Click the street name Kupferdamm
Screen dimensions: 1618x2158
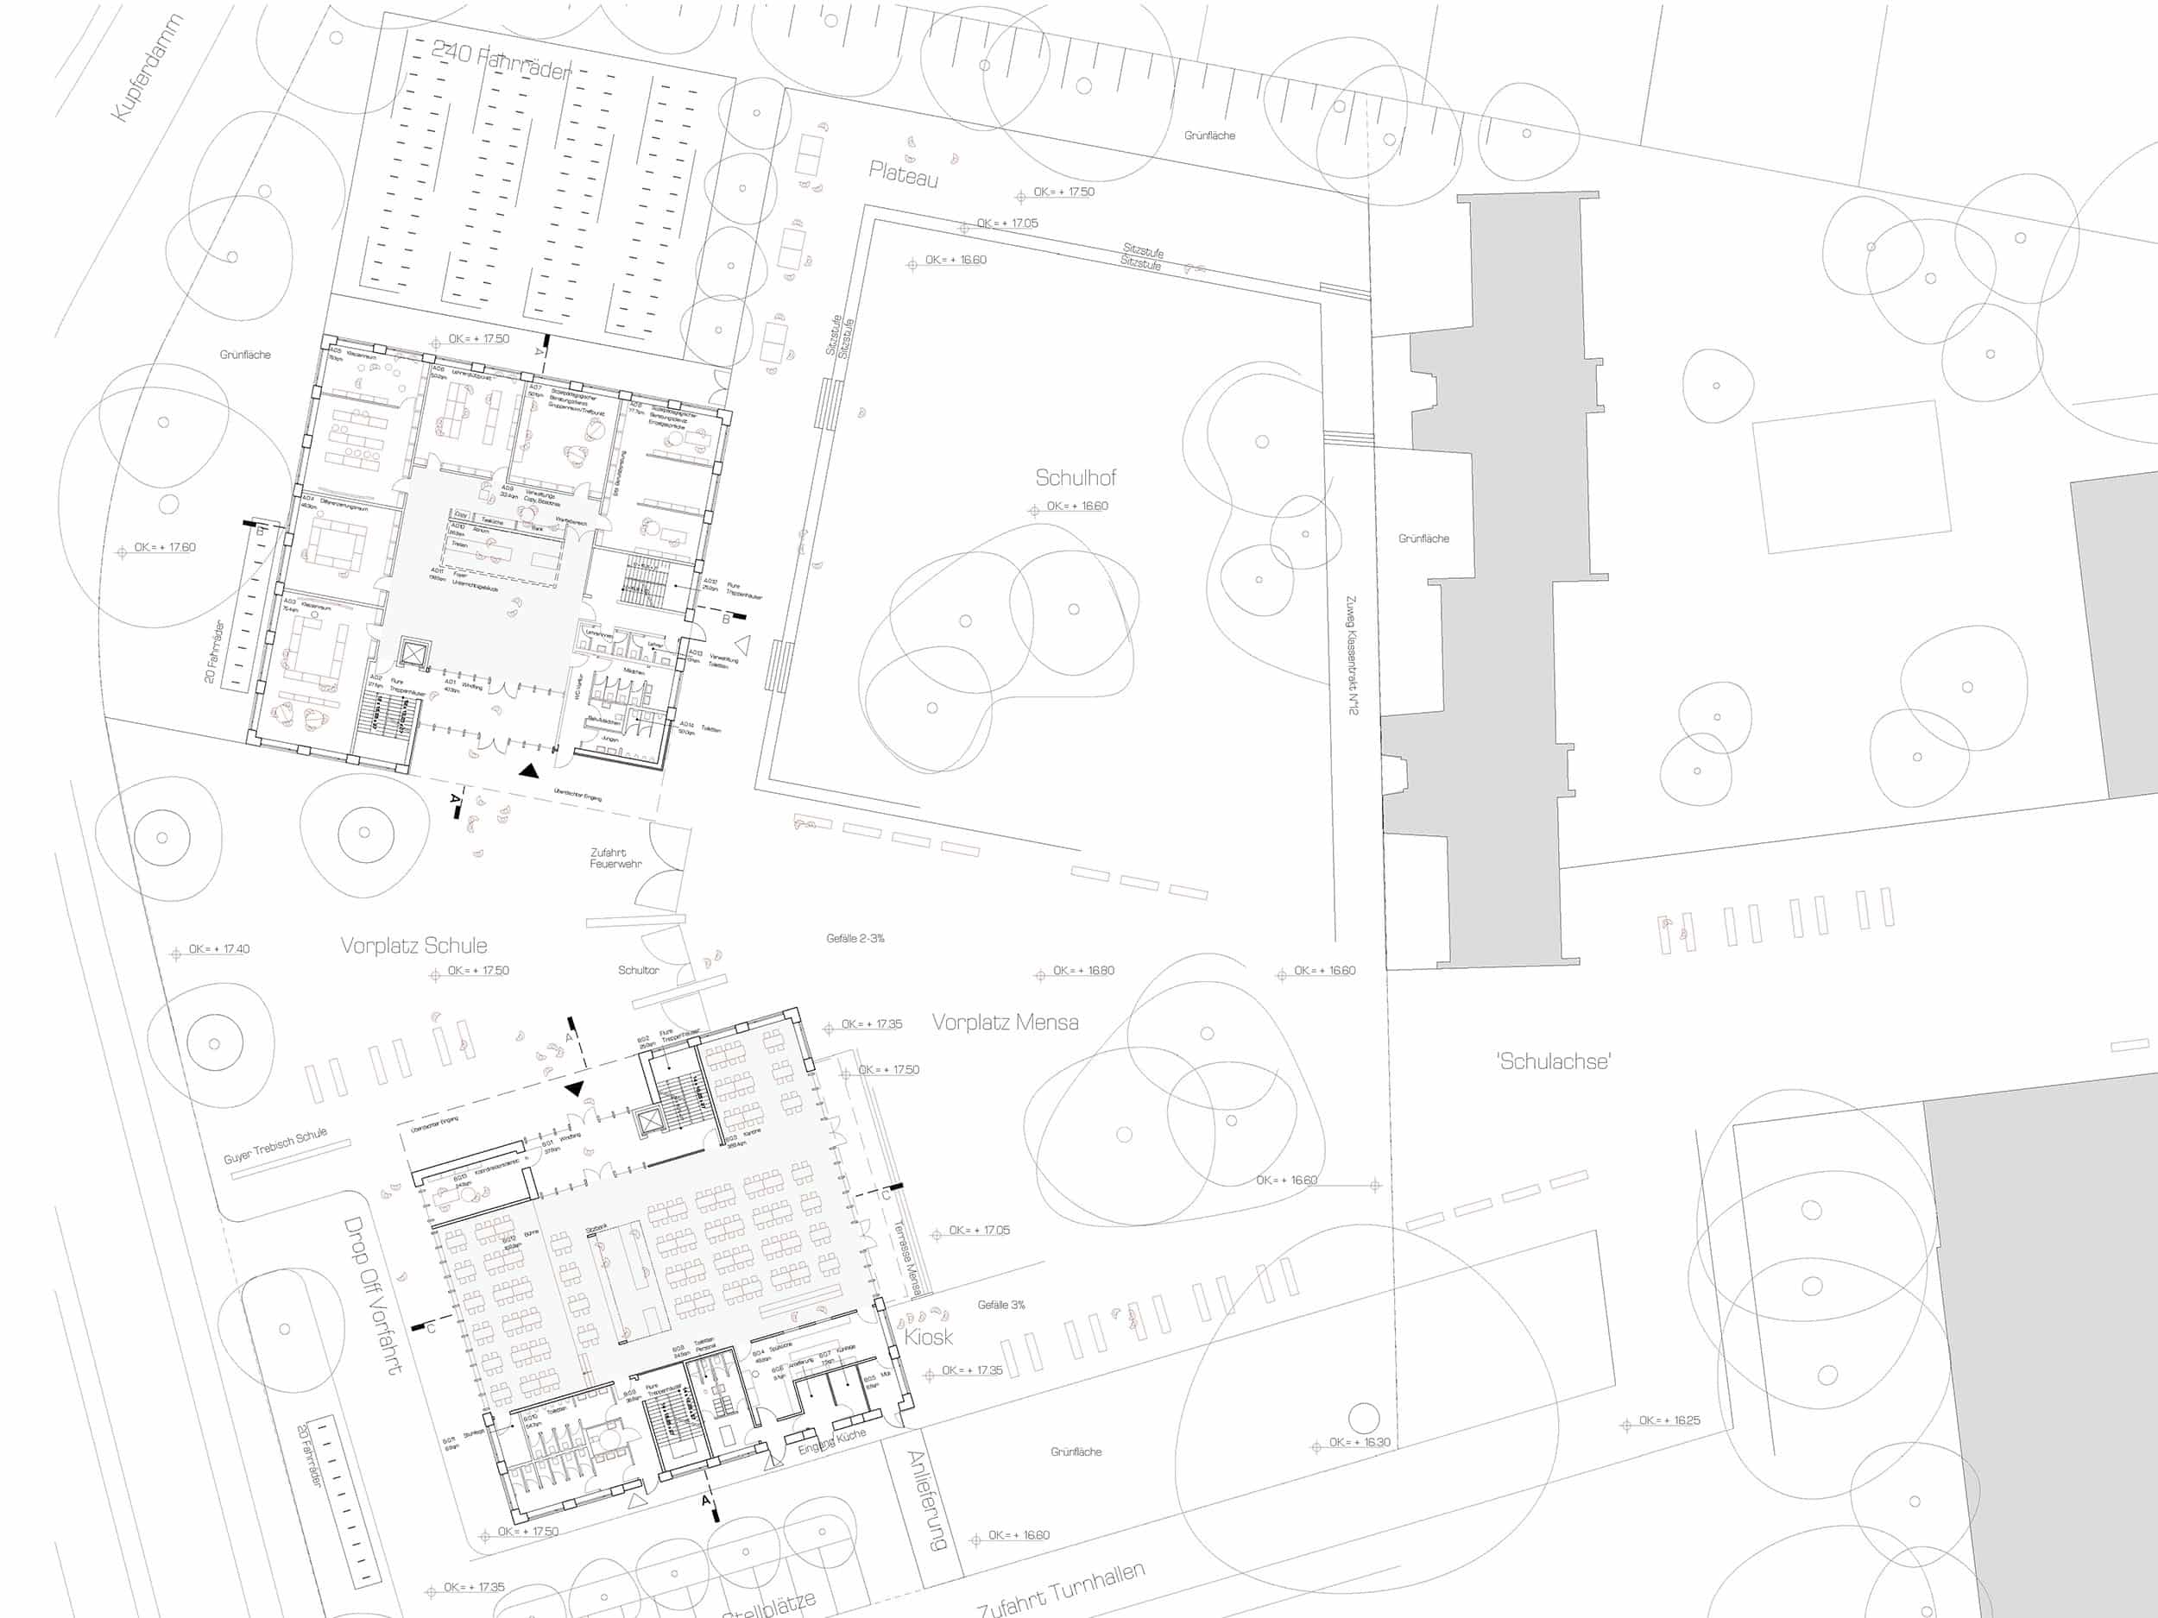tap(148, 68)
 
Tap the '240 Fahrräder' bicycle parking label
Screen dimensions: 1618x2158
tap(501, 60)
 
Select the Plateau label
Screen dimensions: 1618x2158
tap(904, 174)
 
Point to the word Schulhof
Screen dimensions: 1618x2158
tap(1075, 478)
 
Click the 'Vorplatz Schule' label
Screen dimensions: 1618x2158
tap(413, 945)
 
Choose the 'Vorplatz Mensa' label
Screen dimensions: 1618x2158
tap(1005, 1022)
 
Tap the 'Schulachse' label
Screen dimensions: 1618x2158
tap(1553, 1061)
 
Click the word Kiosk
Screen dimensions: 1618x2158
tap(928, 1336)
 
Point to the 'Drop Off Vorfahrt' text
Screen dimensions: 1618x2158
tap(373, 1294)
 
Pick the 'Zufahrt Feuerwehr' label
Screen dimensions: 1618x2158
tap(615, 859)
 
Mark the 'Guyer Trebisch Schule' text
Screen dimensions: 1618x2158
tap(275, 1146)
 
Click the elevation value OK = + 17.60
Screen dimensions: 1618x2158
tap(165, 547)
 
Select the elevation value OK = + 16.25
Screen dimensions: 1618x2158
tap(1669, 1420)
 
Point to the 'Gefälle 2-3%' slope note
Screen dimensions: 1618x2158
tap(855, 938)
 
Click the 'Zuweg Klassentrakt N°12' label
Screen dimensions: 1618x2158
tap(1351, 655)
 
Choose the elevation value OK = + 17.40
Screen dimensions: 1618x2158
tap(218, 949)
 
